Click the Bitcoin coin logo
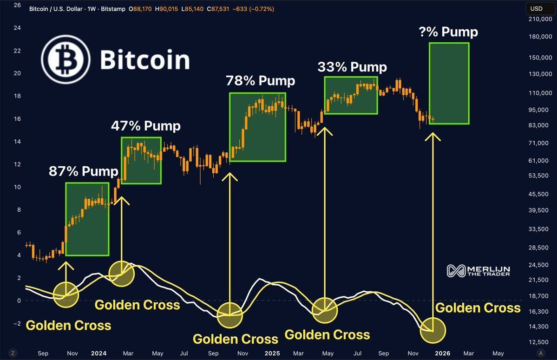click(x=66, y=59)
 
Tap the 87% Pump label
click(x=84, y=171)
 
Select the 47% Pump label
click(x=145, y=126)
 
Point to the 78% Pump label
click(x=260, y=81)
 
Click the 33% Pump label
click(x=352, y=67)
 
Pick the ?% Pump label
click(x=448, y=32)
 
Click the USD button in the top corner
click(x=537, y=8)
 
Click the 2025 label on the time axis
click(x=272, y=353)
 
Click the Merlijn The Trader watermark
click(x=478, y=271)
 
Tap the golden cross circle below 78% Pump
click(x=230, y=315)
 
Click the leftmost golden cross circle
click(x=66, y=295)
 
